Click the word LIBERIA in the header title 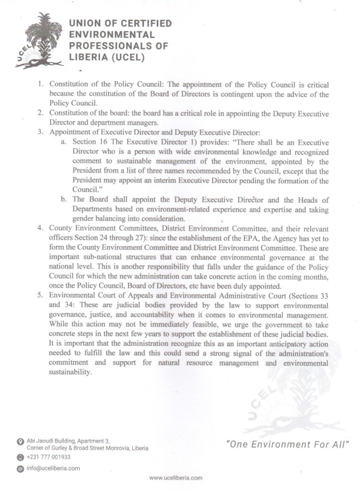85,57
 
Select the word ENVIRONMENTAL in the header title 112,35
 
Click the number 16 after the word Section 105,143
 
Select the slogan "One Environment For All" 287,444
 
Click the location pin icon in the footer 20,441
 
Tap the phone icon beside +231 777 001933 20,457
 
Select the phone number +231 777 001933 49,457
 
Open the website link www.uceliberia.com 176,478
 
